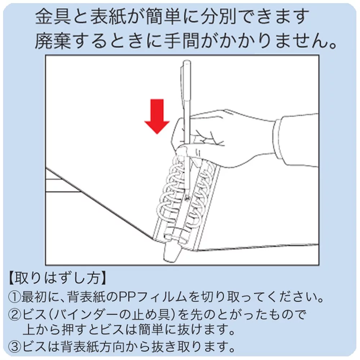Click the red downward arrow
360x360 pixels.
point(157,116)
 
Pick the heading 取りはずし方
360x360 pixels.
point(57,278)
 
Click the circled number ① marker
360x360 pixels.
point(14,297)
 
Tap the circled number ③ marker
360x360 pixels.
point(14,346)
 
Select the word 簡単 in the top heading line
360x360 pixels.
point(163,17)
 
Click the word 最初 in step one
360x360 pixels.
point(35,297)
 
